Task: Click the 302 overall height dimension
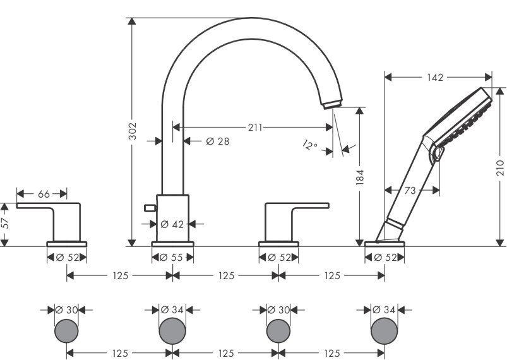[x=132, y=131]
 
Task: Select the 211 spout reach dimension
[x=255, y=128]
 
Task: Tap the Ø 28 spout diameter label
[x=218, y=141]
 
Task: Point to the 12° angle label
[x=310, y=145]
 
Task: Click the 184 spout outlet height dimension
[x=360, y=177]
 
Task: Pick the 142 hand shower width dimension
[x=435, y=77]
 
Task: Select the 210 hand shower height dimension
[x=500, y=167]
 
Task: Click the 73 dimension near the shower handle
[x=410, y=190]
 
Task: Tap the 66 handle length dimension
[x=44, y=194]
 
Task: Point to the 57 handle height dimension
[x=5, y=223]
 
